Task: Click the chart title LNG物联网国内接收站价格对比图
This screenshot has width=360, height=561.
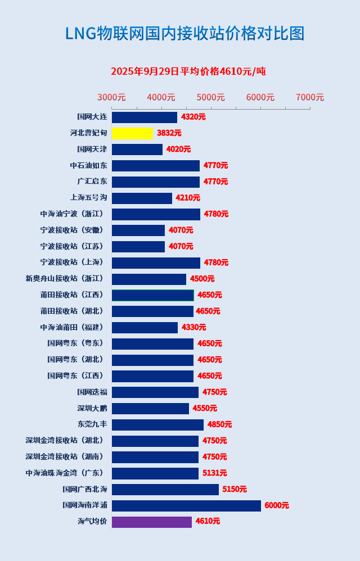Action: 184,34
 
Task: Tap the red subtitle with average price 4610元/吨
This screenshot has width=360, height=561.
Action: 188,71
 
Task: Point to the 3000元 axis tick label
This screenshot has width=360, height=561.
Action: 111,97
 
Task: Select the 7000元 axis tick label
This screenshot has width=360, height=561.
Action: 310,97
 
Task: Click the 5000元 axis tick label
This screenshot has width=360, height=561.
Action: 211,97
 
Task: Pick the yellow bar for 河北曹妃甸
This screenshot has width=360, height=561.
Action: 132,133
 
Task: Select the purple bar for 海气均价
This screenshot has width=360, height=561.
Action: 152,522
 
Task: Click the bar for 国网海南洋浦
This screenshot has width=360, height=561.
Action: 186,505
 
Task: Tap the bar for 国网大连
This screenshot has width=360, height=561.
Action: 145,117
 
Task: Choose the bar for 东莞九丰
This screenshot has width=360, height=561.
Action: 157,424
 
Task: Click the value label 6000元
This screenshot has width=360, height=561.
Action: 277,505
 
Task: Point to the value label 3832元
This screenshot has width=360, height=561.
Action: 169,133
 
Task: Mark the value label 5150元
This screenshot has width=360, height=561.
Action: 235,489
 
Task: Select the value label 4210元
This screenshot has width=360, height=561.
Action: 188,198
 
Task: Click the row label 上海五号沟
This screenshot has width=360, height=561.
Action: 88,198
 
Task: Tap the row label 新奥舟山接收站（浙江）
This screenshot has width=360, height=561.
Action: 65,279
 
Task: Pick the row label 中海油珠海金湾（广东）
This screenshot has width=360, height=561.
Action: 65,473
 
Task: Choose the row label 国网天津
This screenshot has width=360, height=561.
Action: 92,150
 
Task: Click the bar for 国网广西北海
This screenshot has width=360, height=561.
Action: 165,489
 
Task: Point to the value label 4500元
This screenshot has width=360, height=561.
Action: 202,279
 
